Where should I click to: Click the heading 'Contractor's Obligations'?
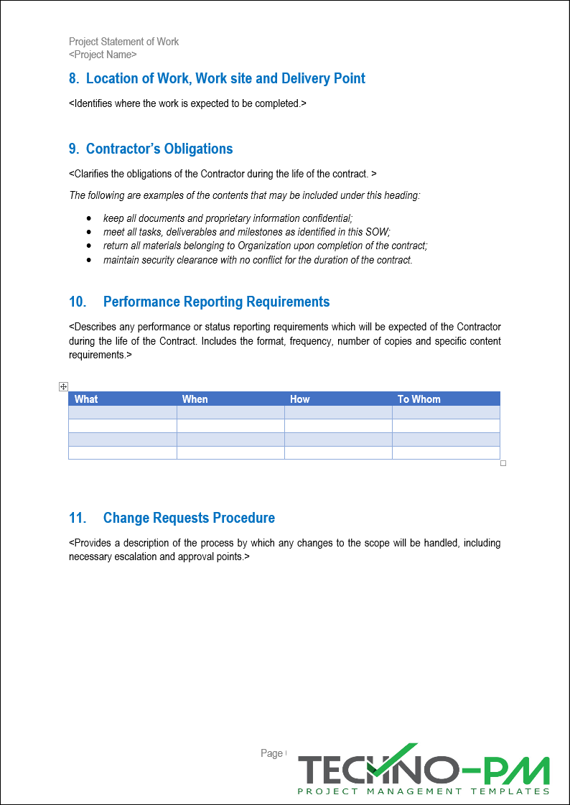coord(159,149)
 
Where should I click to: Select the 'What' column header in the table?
coord(86,399)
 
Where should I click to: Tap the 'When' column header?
coord(195,399)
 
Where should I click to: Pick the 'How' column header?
coord(300,399)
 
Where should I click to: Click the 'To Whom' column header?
coord(419,399)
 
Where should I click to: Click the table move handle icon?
coord(64,387)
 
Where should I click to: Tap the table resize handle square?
coord(503,464)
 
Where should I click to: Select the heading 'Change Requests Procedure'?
coord(189,518)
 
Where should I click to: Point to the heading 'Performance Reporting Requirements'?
coord(216,302)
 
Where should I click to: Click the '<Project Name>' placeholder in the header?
coord(103,55)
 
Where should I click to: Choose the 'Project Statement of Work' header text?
coord(123,42)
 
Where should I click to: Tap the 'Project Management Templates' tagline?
coord(424,791)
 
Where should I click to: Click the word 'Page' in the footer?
coord(271,753)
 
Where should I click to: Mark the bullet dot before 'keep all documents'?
coord(88,218)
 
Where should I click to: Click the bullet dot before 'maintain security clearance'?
coord(88,260)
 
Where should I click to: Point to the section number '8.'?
coord(74,79)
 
